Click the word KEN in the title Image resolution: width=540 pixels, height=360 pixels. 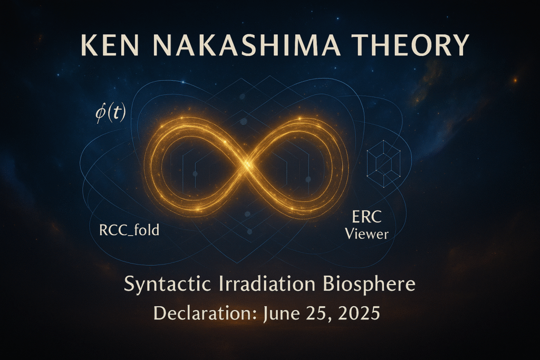click(110, 45)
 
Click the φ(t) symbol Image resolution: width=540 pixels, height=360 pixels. click(111, 113)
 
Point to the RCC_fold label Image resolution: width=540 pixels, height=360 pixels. click(129, 230)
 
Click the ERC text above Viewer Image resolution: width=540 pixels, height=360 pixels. click(367, 217)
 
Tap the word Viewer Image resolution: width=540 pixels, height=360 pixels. click(367, 234)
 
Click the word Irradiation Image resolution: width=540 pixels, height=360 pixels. click(267, 284)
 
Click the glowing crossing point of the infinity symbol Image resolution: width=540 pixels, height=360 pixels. click(246, 164)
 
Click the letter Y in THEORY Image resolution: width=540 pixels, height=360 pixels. click(460, 45)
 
